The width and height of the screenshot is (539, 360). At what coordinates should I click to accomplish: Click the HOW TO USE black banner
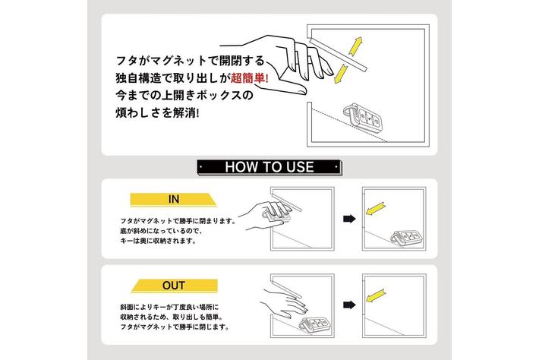coord(269,167)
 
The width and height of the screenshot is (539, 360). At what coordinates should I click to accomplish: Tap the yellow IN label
coord(174,200)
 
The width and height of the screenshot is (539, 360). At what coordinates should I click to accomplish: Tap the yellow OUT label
coord(174,286)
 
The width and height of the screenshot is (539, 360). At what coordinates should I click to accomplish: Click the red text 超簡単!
coord(249,78)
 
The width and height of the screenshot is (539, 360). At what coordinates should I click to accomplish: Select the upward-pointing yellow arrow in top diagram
coord(355,46)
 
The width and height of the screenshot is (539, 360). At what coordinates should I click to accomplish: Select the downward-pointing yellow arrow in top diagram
coord(342,73)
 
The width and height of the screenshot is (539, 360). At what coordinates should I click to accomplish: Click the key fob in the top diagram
coord(362,118)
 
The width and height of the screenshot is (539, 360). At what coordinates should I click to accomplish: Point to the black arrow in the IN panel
coord(349,219)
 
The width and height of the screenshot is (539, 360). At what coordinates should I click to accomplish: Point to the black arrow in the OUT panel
coord(349,305)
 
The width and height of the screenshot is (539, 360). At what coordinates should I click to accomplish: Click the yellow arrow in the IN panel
coord(375,209)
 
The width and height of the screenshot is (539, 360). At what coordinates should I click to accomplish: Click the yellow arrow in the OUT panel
coord(376,295)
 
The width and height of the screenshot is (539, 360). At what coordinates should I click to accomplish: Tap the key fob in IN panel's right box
coord(407,237)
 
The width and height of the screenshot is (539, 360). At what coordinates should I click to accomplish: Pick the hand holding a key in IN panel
coord(266,216)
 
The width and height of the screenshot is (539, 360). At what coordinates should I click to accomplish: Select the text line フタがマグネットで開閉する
coord(191,62)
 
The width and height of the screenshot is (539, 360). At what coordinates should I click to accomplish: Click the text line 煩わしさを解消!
coord(157,112)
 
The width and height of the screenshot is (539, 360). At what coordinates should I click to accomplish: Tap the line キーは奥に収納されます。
coord(159,241)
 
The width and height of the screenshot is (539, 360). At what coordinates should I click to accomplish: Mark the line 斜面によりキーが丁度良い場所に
coord(169,307)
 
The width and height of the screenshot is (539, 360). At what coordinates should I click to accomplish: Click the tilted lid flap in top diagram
coord(339,55)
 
